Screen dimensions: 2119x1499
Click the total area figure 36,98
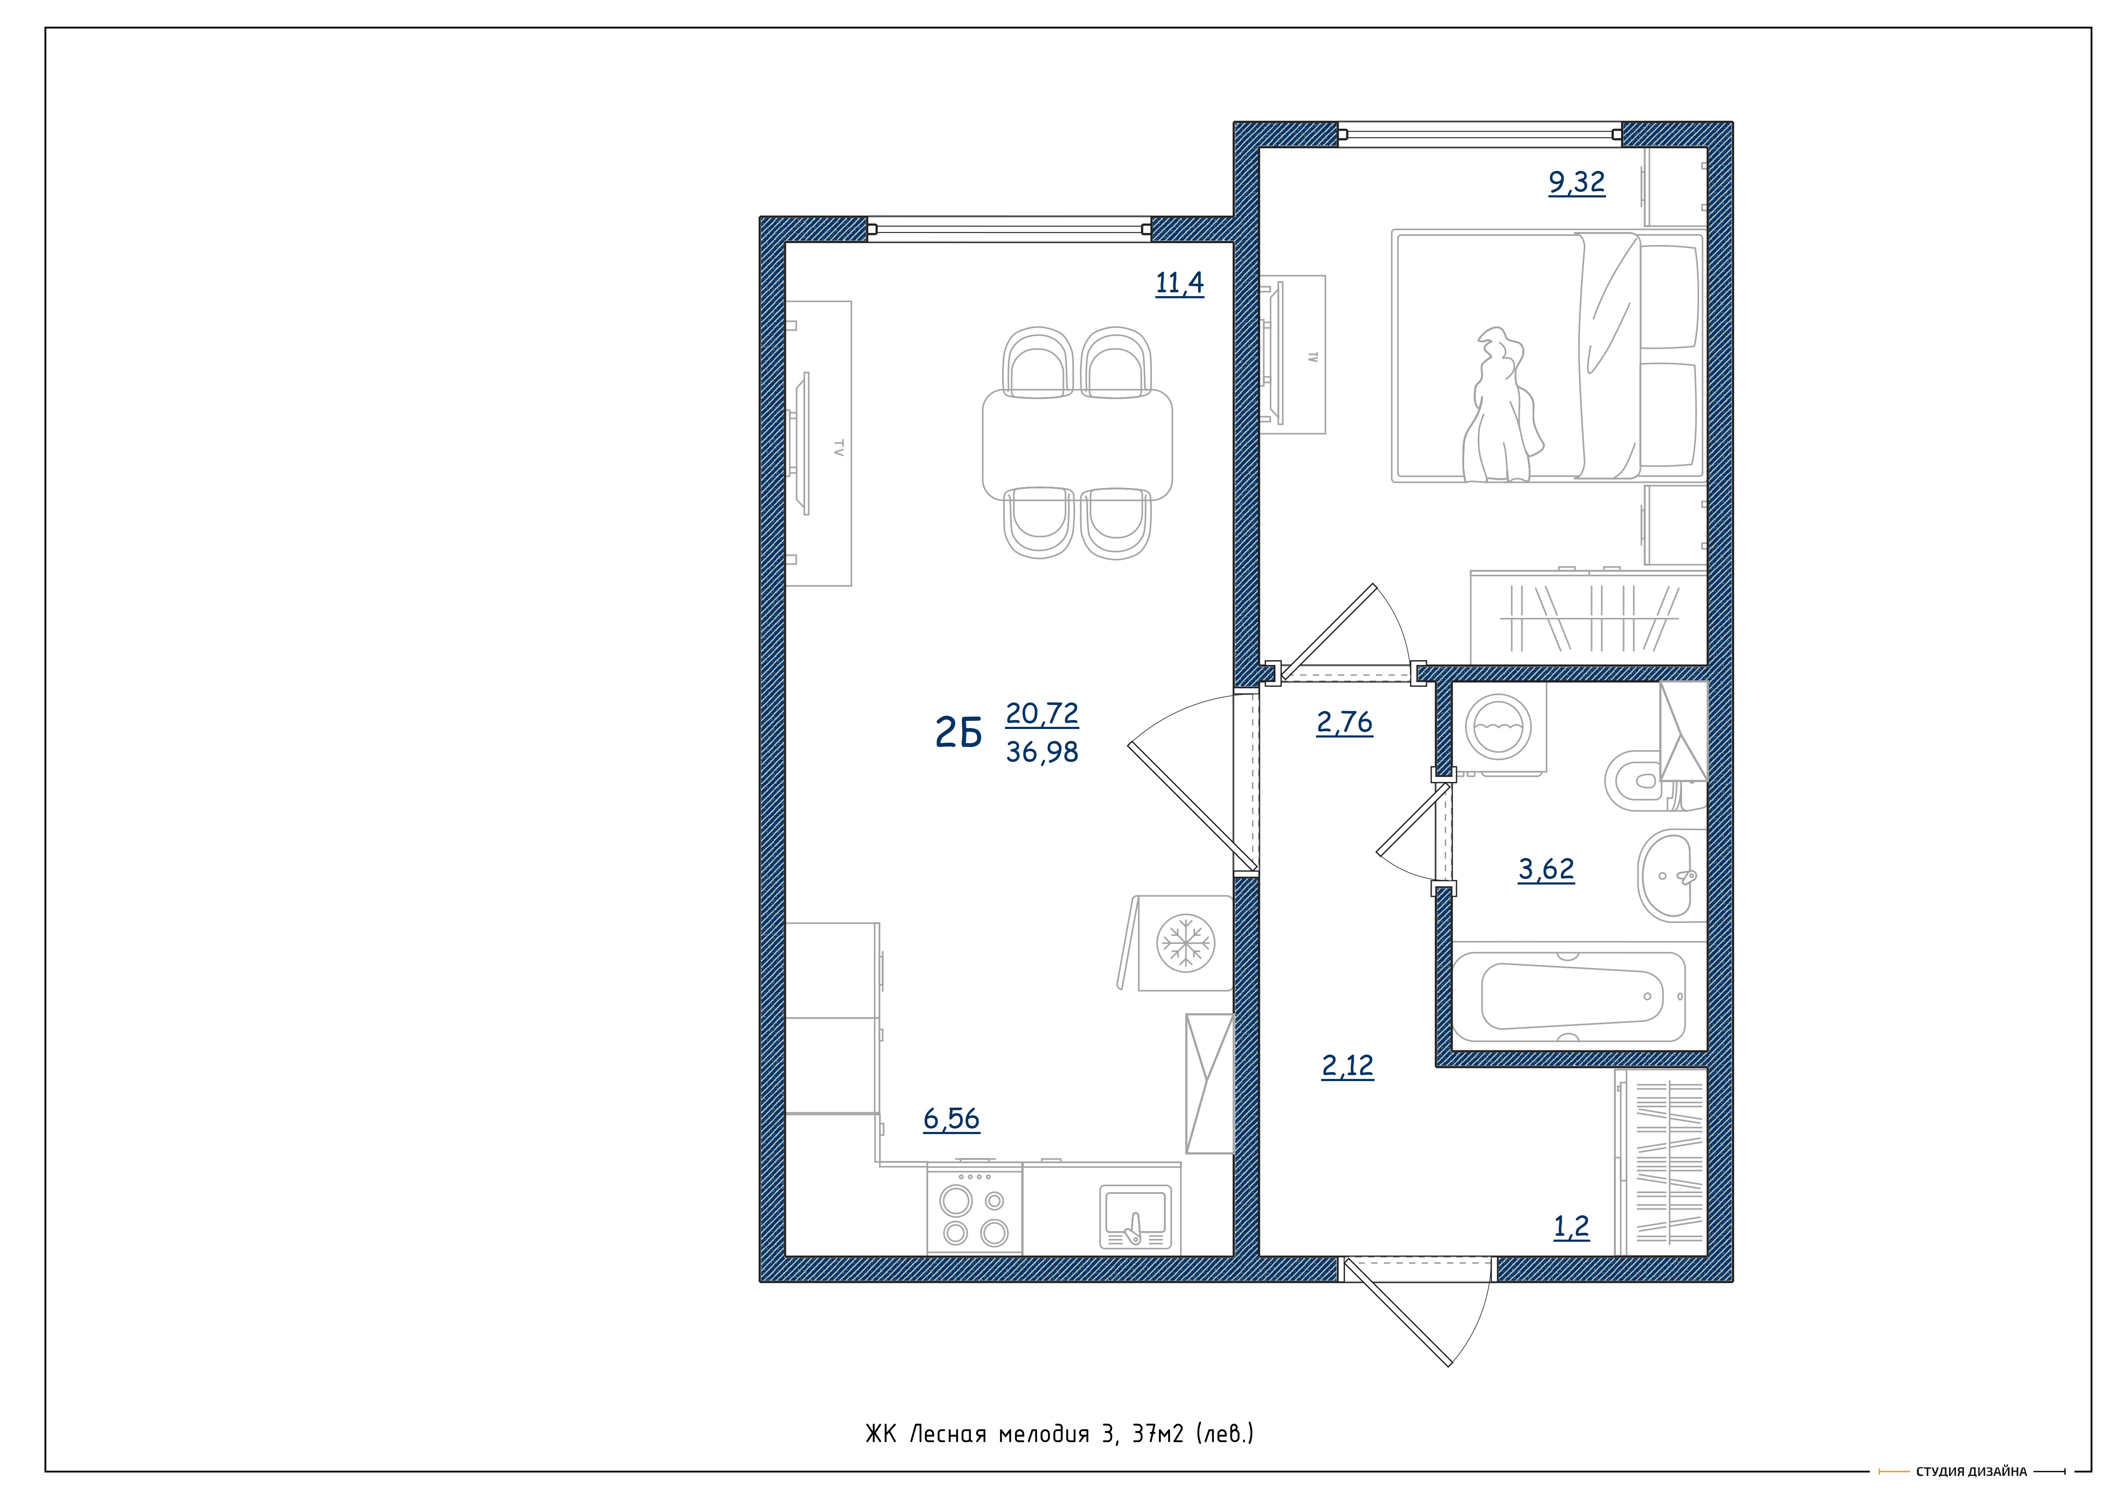(x=1042, y=752)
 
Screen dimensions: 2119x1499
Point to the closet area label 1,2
(x=1572, y=1227)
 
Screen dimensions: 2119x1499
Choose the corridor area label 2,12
(x=1348, y=1066)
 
